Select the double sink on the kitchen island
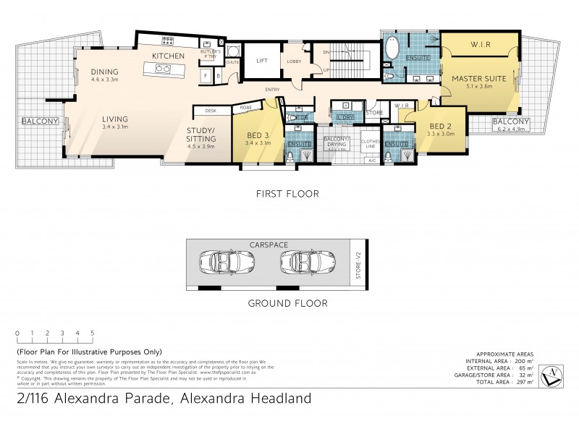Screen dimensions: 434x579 161,69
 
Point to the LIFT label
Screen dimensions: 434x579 262,61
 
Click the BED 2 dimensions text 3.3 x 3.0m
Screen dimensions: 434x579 441,134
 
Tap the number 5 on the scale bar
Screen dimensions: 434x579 92,333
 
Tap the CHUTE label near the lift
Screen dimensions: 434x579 232,63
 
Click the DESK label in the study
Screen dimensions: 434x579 211,111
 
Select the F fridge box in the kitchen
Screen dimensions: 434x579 206,75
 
